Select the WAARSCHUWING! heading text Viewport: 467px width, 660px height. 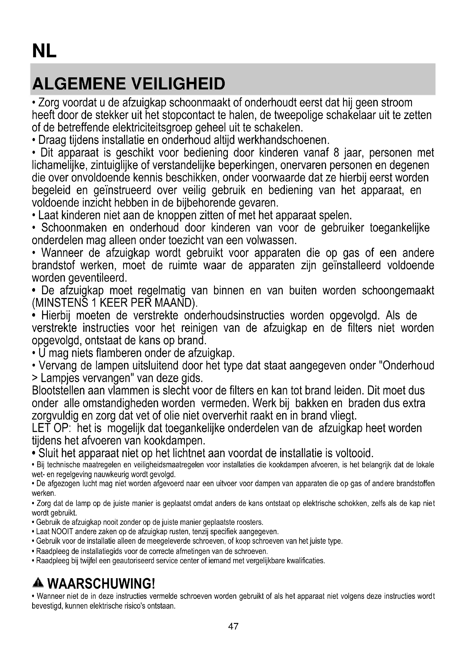tap(101, 584)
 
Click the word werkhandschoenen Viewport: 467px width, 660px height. tap(283, 140)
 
